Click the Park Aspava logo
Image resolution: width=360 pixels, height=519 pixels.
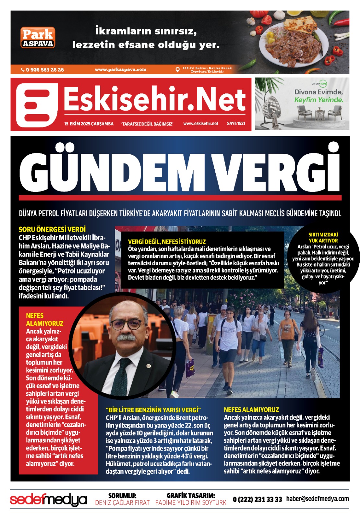[x=38, y=38]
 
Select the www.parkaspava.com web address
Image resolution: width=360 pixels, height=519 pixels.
[x=120, y=69]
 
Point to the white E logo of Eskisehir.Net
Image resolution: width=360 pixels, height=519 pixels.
[x=37, y=104]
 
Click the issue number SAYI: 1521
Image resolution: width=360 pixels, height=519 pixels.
[x=236, y=124]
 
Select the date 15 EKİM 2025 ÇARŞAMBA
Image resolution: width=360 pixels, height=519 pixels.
[x=89, y=124]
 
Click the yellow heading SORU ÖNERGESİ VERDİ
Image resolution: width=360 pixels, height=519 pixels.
[x=52, y=229]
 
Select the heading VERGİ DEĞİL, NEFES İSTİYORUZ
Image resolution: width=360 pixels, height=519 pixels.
[x=167, y=242]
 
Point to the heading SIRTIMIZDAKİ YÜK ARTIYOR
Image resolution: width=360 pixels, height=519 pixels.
[x=323, y=237]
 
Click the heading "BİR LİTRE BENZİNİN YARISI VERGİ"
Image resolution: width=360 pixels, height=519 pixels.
[x=153, y=410]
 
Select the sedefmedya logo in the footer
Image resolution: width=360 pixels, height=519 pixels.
[x=48, y=500]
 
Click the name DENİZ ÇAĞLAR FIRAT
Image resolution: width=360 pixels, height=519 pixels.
[x=122, y=503]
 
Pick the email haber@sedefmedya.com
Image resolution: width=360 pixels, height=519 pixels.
[x=317, y=499]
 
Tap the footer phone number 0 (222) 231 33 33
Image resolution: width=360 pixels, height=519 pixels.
[x=258, y=500]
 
